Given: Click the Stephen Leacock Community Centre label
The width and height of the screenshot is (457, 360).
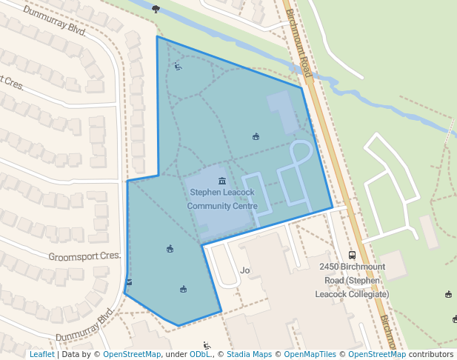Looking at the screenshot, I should [222, 199].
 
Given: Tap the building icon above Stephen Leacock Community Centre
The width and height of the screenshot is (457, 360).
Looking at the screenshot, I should [222, 181].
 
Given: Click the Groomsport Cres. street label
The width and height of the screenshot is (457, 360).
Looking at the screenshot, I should [84, 256].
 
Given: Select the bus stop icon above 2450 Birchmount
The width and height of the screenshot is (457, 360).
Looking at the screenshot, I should [352, 255].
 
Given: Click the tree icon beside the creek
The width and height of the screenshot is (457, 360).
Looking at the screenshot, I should [156, 9].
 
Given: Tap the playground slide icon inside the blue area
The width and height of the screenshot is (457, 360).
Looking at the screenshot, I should [178, 67].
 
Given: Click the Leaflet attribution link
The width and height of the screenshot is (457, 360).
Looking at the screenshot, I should [41, 354].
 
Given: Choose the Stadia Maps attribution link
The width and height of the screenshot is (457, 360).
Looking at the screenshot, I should [249, 354].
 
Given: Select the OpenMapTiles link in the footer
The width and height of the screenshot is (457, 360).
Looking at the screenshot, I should [310, 354].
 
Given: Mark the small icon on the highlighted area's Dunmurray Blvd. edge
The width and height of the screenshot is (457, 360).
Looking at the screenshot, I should [130, 282].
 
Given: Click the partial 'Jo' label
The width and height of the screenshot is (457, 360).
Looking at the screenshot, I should [245, 270].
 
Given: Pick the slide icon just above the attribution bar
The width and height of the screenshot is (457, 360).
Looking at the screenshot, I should [207, 344].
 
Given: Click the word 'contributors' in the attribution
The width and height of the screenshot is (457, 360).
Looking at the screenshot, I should [430, 354].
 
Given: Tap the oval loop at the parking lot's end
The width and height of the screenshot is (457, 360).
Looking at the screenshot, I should [300, 151].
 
